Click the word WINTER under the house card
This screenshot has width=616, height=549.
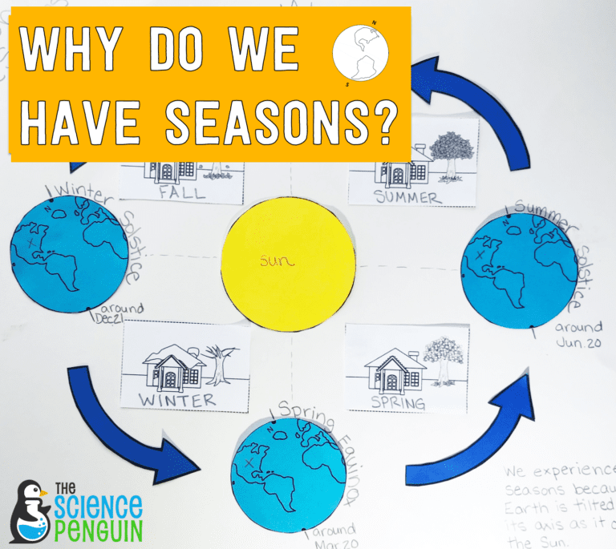[x=177, y=398]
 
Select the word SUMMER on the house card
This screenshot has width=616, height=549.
[x=407, y=197]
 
